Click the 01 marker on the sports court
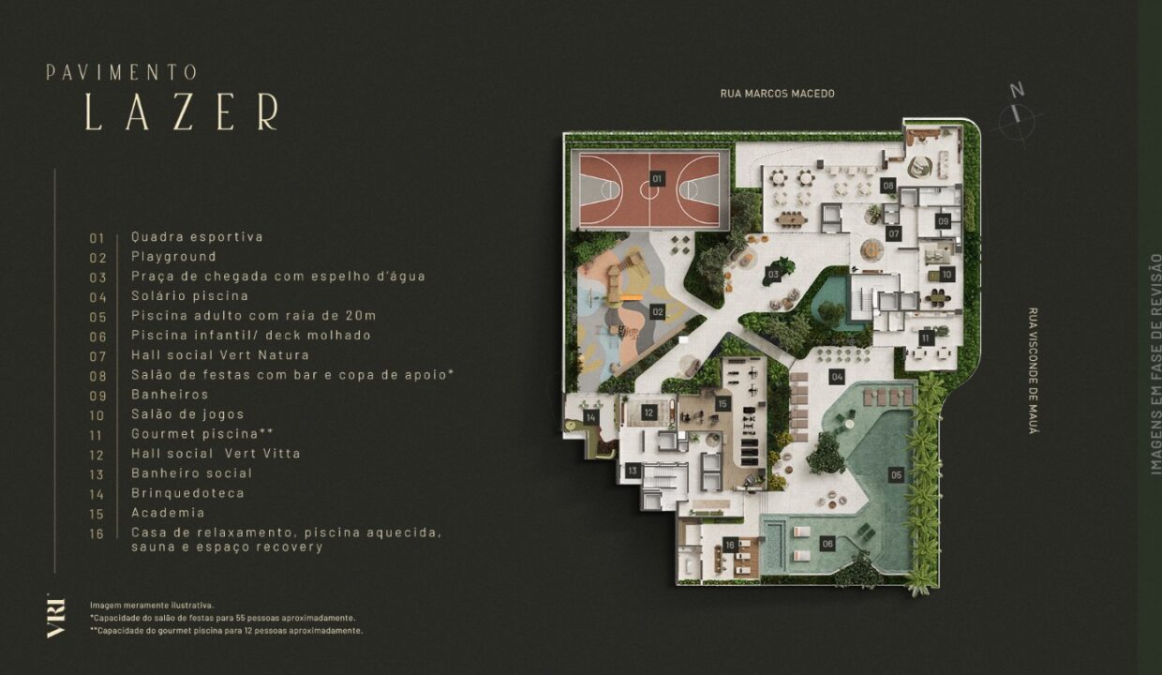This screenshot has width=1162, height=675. point(657,179)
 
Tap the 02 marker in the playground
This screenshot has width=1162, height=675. point(658,312)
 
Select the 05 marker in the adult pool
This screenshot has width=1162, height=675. point(897,474)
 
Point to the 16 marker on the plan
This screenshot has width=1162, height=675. point(730,545)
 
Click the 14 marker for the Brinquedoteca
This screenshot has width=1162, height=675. point(590,417)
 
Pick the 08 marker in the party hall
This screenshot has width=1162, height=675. point(888,186)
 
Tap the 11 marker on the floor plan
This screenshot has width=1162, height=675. point(926,338)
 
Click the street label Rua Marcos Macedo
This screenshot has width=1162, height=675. point(777,94)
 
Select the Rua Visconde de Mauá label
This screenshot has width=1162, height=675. point(1033,371)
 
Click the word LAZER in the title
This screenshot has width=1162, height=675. point(182,112)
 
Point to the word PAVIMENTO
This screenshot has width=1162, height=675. point(122,72)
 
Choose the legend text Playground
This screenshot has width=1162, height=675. point(173,256)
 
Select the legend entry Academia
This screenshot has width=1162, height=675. point(168,513)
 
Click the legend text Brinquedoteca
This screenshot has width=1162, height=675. point(187,493)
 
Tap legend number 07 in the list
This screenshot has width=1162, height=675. point(97,356)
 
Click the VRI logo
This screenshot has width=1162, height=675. point(56,616)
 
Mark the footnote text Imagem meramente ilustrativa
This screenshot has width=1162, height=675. point(152,605)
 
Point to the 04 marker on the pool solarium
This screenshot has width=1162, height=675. point(837,377)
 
